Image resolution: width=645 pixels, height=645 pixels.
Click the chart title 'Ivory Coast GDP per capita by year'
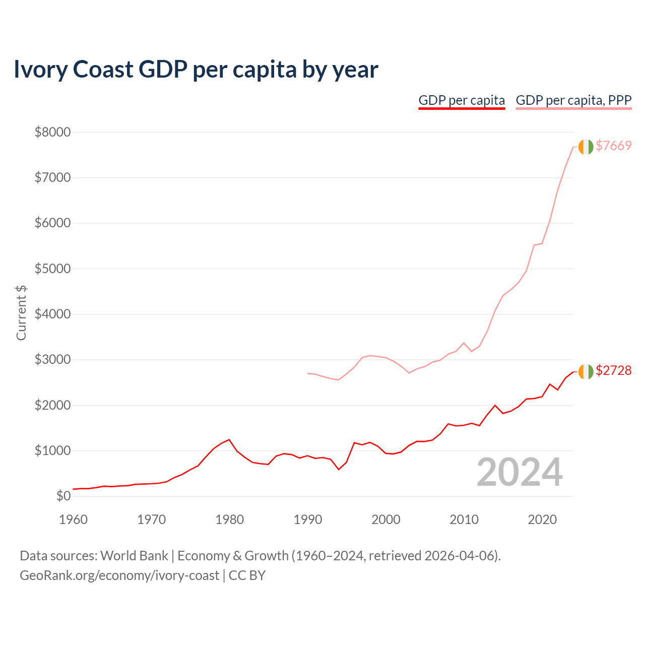pyautogui.click(x=196, y=70)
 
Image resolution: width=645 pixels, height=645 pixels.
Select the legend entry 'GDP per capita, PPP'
pyautogui.click(x=573, y=100)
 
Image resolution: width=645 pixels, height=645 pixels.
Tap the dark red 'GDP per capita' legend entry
pyautogui.click(x=462, y=100)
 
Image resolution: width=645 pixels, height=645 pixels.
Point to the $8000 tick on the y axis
pyautogui.click(x=52, y=132)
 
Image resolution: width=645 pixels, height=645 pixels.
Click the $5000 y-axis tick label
pyautogui.click(x=52, y=269)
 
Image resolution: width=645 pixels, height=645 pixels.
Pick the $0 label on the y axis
pyautogui.click(x=63, y=496)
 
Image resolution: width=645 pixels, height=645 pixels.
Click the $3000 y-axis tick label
pyautogui.click(x=52, y=359)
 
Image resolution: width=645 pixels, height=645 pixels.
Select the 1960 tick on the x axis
pyautogui.click(x=73, y=519)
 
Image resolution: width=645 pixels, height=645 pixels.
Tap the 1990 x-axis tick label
pyautogui.click(x=307, y=519)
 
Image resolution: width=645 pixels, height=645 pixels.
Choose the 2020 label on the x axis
pyautogui.click(x=542, y=519)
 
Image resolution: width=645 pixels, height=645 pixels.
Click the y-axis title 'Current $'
pyautogui.click(x=21, y=312)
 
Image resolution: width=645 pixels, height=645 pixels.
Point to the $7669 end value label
pyautogui.click(x=613, y=146)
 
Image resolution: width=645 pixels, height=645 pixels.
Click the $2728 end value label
pyautogui.click(x=613, y=370)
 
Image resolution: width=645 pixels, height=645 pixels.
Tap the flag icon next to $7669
pyautogui.click(x=586, y=147)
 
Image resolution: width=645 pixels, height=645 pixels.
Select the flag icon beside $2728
pyautogui.click(x=586, y=371)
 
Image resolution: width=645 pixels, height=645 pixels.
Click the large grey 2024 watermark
pyautogui.click(x=520, y=472)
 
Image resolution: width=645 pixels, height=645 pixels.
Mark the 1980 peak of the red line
pyautogui.click(x=229, y=439)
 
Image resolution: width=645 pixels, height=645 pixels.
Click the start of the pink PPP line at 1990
pyautogui.click(x=307, y=373)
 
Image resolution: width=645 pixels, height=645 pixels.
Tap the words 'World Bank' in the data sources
pyautogui.click(x=134, y=556)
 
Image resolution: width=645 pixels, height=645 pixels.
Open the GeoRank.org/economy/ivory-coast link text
pyautogui.click(x=119, y=575)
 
